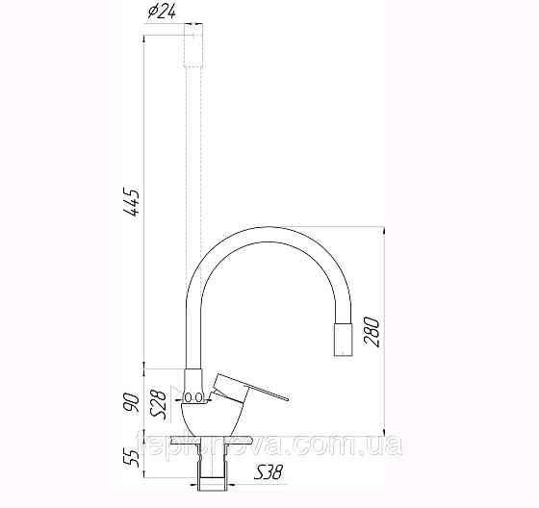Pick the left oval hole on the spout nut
click(x=190, y=395)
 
